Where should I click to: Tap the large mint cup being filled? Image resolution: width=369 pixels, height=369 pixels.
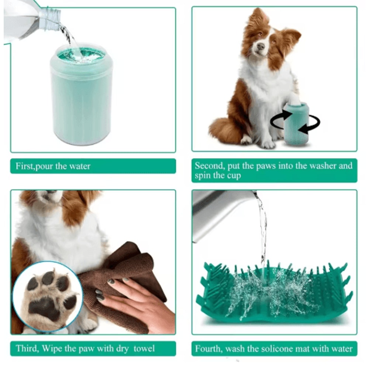click(81, 100)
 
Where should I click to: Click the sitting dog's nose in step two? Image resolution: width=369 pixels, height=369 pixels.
click(261, 46)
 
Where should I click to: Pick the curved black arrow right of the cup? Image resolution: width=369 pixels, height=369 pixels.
click(312, 125)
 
